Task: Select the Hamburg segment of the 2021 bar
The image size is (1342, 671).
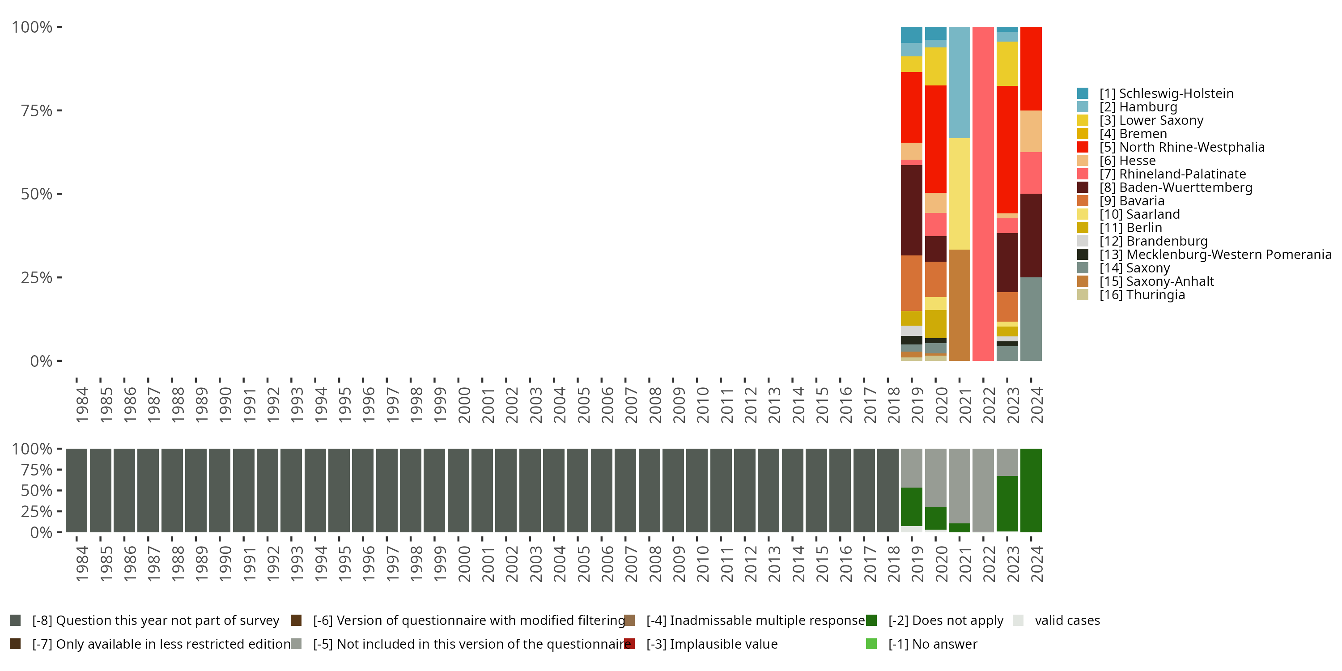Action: (x=959, y=82)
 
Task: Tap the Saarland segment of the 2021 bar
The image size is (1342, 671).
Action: (x=959, y=194)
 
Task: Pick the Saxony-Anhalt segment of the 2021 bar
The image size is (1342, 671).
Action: (x=959, y=305)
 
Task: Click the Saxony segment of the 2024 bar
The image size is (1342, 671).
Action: (x=1031, y=319)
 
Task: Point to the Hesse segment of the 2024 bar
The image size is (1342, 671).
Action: (x=1031, y=131)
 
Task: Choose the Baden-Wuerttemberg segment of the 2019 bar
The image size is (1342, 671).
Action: (x=911, y=210)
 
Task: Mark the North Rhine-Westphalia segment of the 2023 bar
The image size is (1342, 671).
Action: (x=1007, y=149)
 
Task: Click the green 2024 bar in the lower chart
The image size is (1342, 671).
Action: (x=1031, y=490)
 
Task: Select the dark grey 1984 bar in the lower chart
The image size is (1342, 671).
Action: (x=76, y=490)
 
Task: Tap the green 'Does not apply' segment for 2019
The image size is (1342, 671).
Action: (x=911, y=506)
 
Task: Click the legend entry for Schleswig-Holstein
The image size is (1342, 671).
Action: (x=1166, y=93)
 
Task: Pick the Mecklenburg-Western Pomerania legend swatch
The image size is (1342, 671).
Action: (x=1083, y=254)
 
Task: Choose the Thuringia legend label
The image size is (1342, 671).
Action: (x=1142, y=295)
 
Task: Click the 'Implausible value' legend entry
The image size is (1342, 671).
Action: (x=712, y=644)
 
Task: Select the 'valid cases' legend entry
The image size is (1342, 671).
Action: (x=1067, y=620)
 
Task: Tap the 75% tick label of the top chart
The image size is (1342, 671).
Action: (x=37, y=110)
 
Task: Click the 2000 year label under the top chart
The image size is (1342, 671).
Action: (x=463, y=405)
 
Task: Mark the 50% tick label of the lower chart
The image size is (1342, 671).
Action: (x=37, y=490)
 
